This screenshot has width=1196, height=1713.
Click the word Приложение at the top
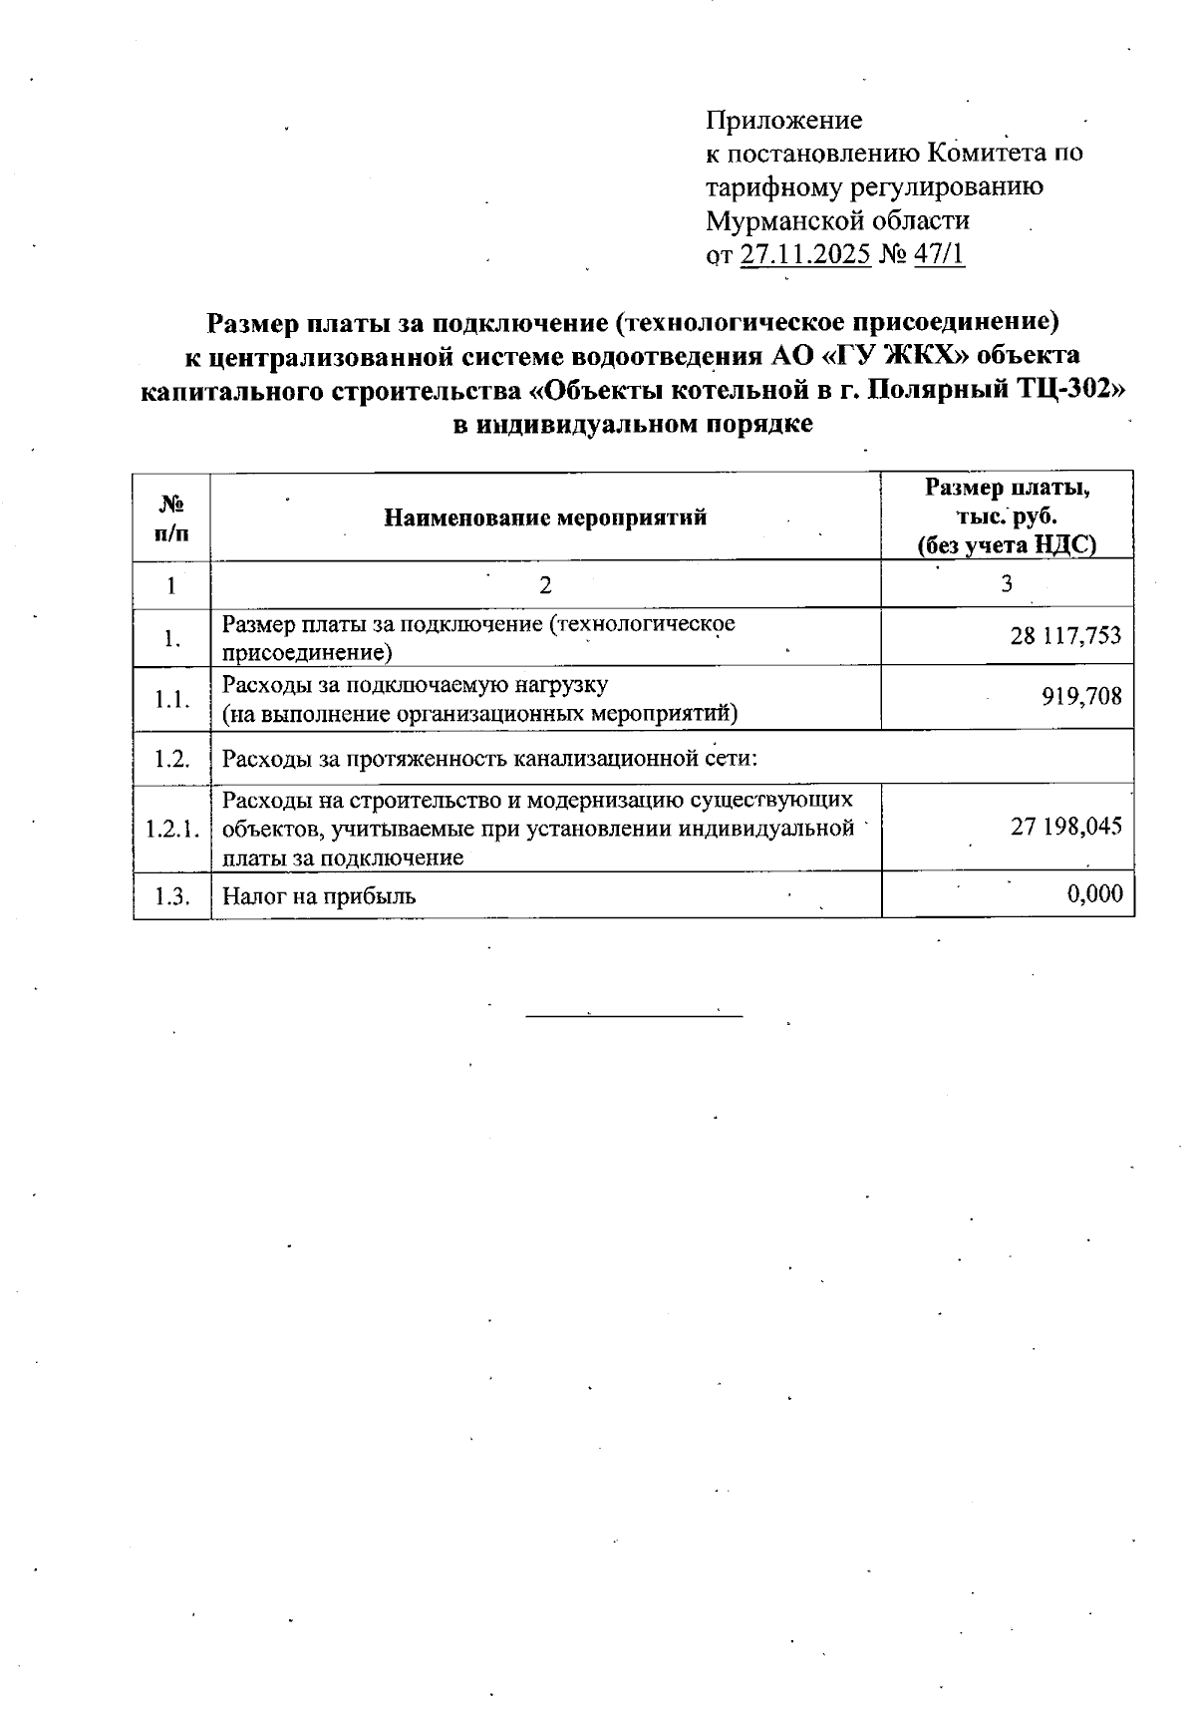783,121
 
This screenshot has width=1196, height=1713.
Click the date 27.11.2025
806,254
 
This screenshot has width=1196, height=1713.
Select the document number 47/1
939,254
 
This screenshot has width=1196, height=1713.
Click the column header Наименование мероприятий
545,517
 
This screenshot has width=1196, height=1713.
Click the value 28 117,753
1064,636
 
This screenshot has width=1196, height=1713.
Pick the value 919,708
1081,696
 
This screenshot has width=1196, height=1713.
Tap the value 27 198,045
1065,826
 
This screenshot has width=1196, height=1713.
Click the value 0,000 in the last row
1094,894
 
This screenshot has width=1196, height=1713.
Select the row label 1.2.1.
171,828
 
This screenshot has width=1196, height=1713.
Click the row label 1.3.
171,895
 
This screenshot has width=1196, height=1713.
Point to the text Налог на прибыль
319,895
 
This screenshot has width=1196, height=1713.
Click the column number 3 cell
1007,584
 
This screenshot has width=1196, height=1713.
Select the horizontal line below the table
634,1016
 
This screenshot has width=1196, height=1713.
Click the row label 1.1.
171,698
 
